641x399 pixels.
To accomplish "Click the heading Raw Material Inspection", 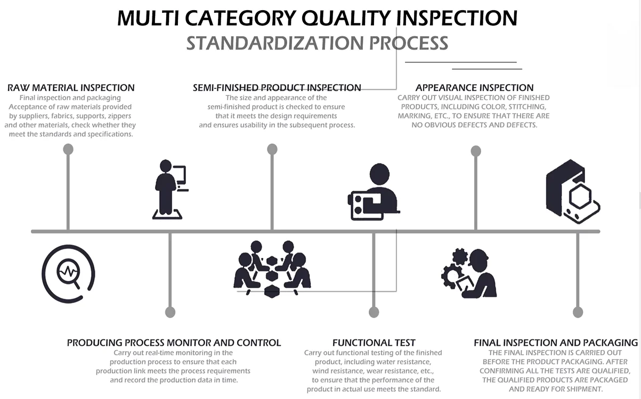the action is (x=71, y=87).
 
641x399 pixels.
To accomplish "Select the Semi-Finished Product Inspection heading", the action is (x=277, y=87).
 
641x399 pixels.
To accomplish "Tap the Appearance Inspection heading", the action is (x=474, y=87).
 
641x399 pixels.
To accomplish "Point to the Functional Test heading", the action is (x=374, y=343).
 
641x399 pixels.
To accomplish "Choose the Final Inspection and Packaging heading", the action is (x=556, y=343).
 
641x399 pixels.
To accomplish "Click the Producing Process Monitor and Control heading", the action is (x=174, y=343).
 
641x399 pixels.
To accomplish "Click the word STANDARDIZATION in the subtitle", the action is (x=275, y=43).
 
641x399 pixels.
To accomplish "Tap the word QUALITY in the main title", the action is (x=346, y=18).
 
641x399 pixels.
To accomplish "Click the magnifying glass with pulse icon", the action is (x=68, y=274).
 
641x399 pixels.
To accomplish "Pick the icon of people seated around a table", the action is (x=272, y=269).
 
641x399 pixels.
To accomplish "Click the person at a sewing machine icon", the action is (x=374, y=192).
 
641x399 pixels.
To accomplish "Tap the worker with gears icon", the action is (x=469, y=273).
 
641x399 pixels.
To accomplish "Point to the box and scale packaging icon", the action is (x=573, y=191).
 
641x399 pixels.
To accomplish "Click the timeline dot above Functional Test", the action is (x=374, y=312).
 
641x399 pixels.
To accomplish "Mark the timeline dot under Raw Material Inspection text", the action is (x=68, y=149).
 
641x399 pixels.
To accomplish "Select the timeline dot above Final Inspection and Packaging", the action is (x=578, y=312).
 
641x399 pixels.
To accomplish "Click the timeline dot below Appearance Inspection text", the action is (x=476, y=151).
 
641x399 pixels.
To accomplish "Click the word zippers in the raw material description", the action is (x=119, y=116).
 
